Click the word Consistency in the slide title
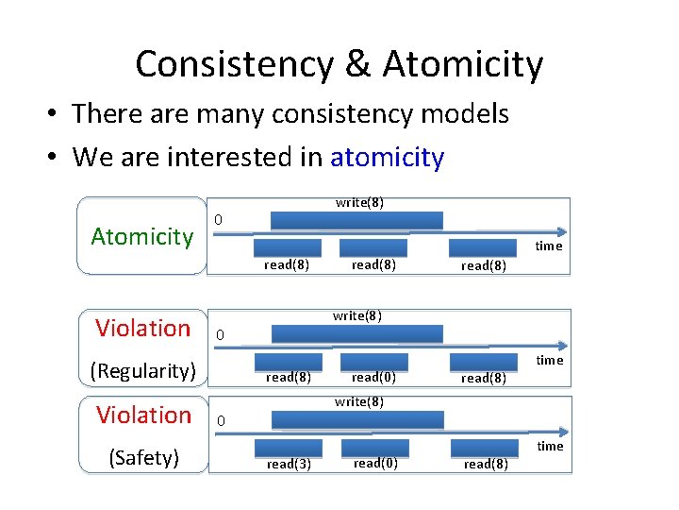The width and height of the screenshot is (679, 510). pos(233,64)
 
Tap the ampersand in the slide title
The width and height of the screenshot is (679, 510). pos(357,64)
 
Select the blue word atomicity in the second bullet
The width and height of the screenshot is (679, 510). pos(387,157)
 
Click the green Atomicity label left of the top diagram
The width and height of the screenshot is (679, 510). pos(141,236)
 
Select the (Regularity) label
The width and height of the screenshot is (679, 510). pos(142,370)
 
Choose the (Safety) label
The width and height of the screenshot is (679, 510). pos(143,458)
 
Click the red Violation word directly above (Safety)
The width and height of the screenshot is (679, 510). pos(142,415)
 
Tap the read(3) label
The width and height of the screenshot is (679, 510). pos(288,464)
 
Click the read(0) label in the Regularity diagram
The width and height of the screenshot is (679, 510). pos(373,378)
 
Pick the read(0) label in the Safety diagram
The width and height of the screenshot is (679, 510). pos(374,463)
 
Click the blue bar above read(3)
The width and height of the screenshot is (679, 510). pos(288,448)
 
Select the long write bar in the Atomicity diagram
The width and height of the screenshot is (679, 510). pos(356,220)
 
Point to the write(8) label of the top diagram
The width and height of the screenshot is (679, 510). pos(359,202)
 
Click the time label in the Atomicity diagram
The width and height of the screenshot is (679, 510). pos(549,246)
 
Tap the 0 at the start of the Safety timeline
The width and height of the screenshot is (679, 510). pos(219,420)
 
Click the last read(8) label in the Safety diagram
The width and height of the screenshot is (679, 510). pos(486,464)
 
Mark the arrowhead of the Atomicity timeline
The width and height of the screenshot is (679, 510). pos(563,232)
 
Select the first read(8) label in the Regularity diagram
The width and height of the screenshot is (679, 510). pos(288,378)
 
